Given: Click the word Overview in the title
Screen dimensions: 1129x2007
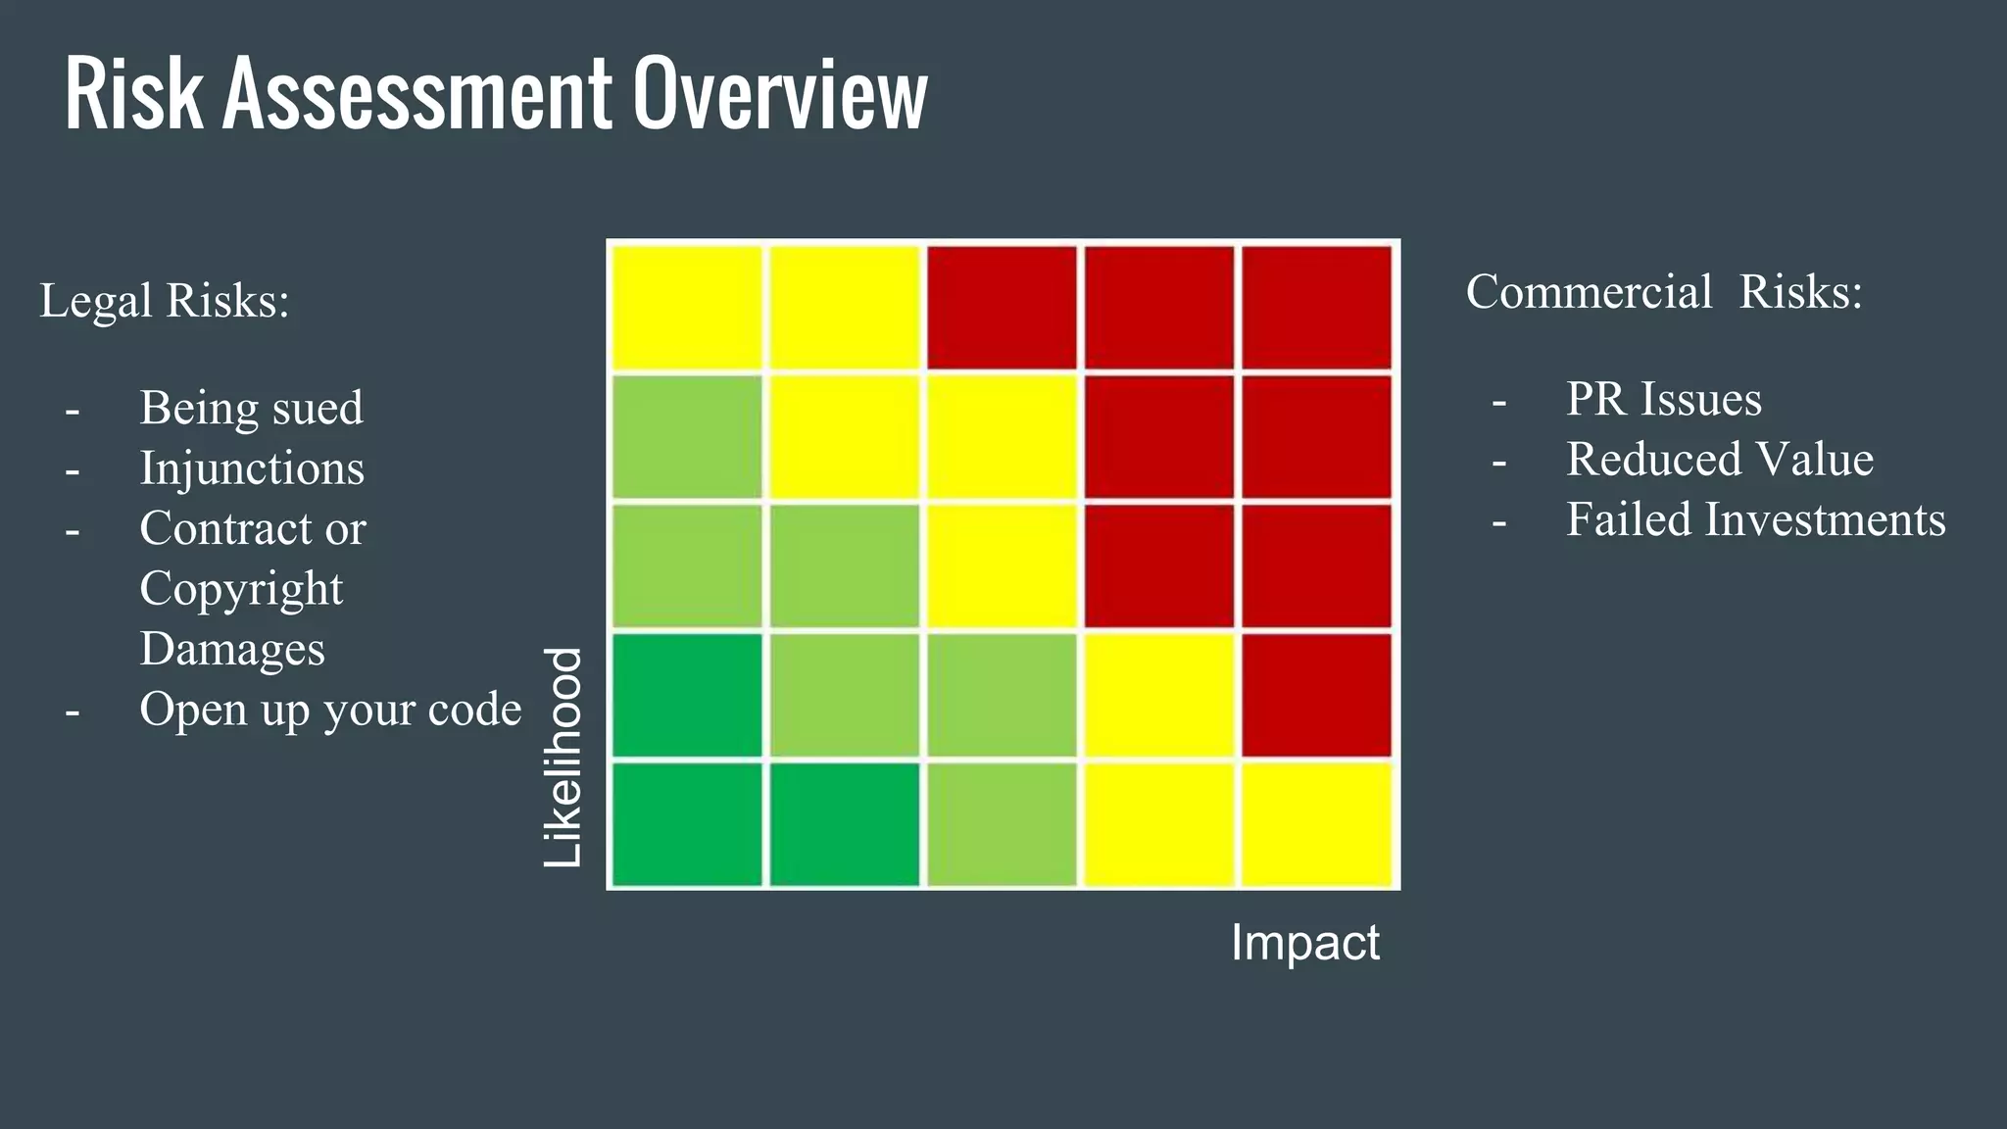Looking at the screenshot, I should click(x=779, y=94).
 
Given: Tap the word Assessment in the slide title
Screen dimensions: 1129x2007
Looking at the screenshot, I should click(x=417, y=94).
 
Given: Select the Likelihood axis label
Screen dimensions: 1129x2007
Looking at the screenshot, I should click(x=563, y=758).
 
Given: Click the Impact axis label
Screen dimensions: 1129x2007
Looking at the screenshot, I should click(x=1304, y=943).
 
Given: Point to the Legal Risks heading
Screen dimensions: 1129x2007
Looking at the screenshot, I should click(x=165, y=301).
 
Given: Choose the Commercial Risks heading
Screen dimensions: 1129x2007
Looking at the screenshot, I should click(x=1664, y=292).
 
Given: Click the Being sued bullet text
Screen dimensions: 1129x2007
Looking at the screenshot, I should click(x=251, y=408).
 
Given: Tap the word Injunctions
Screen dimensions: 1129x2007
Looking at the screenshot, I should click(x=252, y=468).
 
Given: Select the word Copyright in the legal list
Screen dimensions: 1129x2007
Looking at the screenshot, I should click(x=241, y=589).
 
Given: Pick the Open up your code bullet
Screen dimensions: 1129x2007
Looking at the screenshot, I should click(x=330, y=710).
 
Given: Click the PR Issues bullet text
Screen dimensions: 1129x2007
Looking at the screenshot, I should click(x=1663, y=400).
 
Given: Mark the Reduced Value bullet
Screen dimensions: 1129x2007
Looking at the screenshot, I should click(x=1719, y=460).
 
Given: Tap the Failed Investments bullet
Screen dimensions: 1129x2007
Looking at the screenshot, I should click(x=1755, y=520).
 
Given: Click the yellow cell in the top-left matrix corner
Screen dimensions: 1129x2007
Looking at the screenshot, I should click(x=687, y=308).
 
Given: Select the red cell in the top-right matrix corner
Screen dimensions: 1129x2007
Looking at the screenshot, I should click(x=1316, y=308).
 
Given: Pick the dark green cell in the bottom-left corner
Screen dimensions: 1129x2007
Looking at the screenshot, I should click(x=687, y=824).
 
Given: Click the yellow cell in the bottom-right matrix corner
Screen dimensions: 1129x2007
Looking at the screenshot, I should click(x=1316, y=824).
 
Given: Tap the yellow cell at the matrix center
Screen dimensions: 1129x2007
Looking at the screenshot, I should click(x=1002, y=565).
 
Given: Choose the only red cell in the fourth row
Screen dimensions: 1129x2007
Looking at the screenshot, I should click(x=1316, y=695).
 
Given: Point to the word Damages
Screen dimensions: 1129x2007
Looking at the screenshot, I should click(x=232, y=650).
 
